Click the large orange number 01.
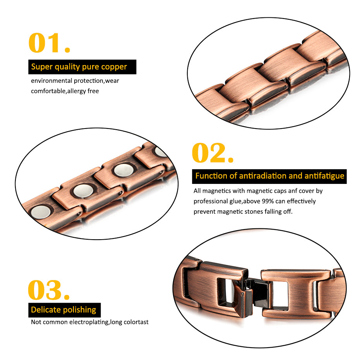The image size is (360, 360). click(49, 43)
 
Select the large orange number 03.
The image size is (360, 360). click(48, 290)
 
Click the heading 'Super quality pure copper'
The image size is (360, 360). click(79, 67)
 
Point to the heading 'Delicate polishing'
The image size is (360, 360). click(63, 310)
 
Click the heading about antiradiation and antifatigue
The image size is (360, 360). click(269, 176)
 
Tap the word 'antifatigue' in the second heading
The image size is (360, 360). click(324, 176)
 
